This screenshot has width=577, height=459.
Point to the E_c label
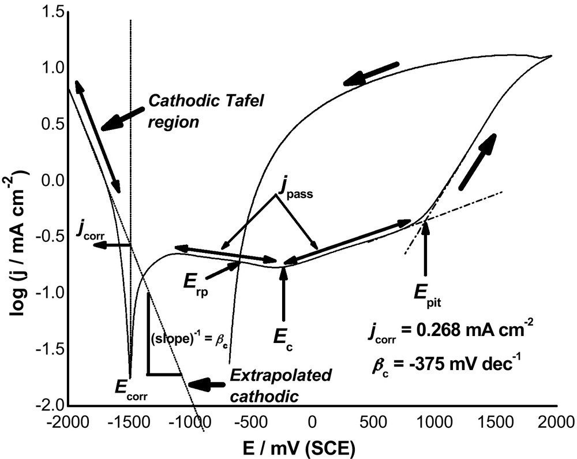point(283,335)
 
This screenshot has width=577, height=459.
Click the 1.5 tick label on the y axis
point(52,12)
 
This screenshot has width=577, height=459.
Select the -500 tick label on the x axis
point(251,423)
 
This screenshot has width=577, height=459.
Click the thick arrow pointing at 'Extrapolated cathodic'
point(208,383)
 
